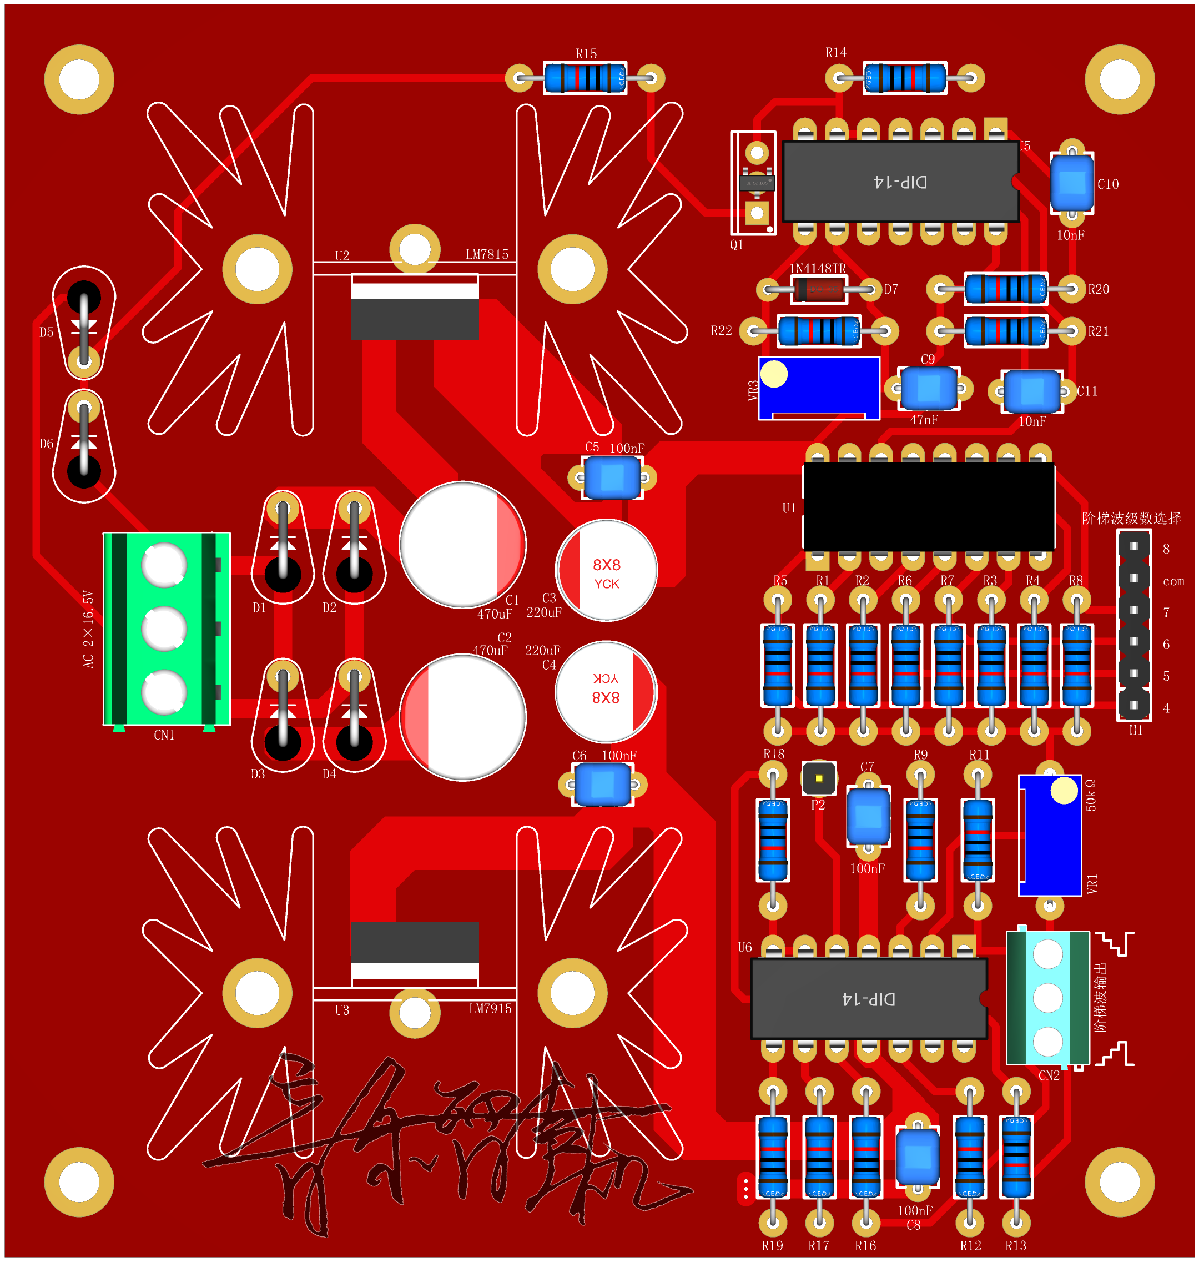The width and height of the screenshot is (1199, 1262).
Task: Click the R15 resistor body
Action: tap(585, 78)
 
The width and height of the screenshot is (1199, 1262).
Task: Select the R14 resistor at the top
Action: tap(904, 78)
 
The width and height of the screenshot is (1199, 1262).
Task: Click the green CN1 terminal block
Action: tap(166, 629)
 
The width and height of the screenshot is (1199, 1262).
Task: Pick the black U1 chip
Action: tap(928, 507)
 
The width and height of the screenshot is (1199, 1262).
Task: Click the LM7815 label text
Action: tap(487, 254)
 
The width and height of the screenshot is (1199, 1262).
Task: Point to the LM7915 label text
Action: tap(490, 1009)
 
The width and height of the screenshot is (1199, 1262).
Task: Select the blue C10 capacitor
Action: tap(1072, 183)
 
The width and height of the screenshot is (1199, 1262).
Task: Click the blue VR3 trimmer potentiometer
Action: tap(819, 388)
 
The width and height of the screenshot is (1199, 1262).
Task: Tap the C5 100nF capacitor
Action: tap(612, 477)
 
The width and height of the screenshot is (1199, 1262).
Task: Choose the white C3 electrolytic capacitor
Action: tap(607, 570)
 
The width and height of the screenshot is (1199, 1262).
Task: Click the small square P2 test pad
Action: tap(819, 778)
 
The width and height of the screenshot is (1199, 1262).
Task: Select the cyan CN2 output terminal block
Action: tap(1047, 997)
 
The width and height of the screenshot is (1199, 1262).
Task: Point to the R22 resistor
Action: tap(819, 331)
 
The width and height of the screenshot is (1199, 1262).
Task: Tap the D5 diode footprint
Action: tap(84, 323)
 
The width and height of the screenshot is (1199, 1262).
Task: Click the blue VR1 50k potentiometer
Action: tap(1050, 836)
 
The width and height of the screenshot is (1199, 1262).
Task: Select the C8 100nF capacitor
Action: tap(917, 1157)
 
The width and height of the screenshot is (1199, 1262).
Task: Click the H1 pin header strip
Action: tap(1134, 625)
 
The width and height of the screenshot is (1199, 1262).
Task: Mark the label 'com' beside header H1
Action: tap(1173, 581)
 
